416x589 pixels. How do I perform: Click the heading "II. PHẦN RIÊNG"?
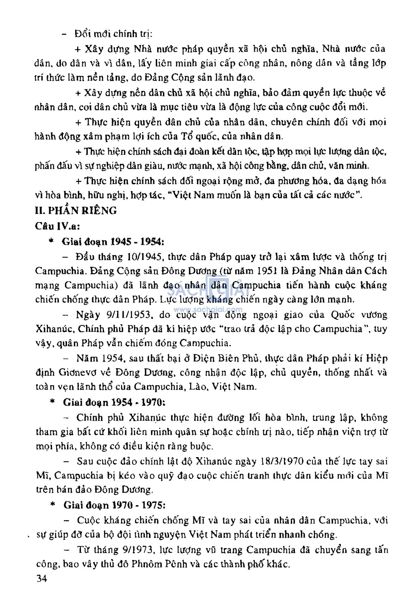(76, 210)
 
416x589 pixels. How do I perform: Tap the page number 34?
(41, 578)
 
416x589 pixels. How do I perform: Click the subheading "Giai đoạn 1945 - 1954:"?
(113, 242)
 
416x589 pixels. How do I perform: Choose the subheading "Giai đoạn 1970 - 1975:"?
(114, 505)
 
